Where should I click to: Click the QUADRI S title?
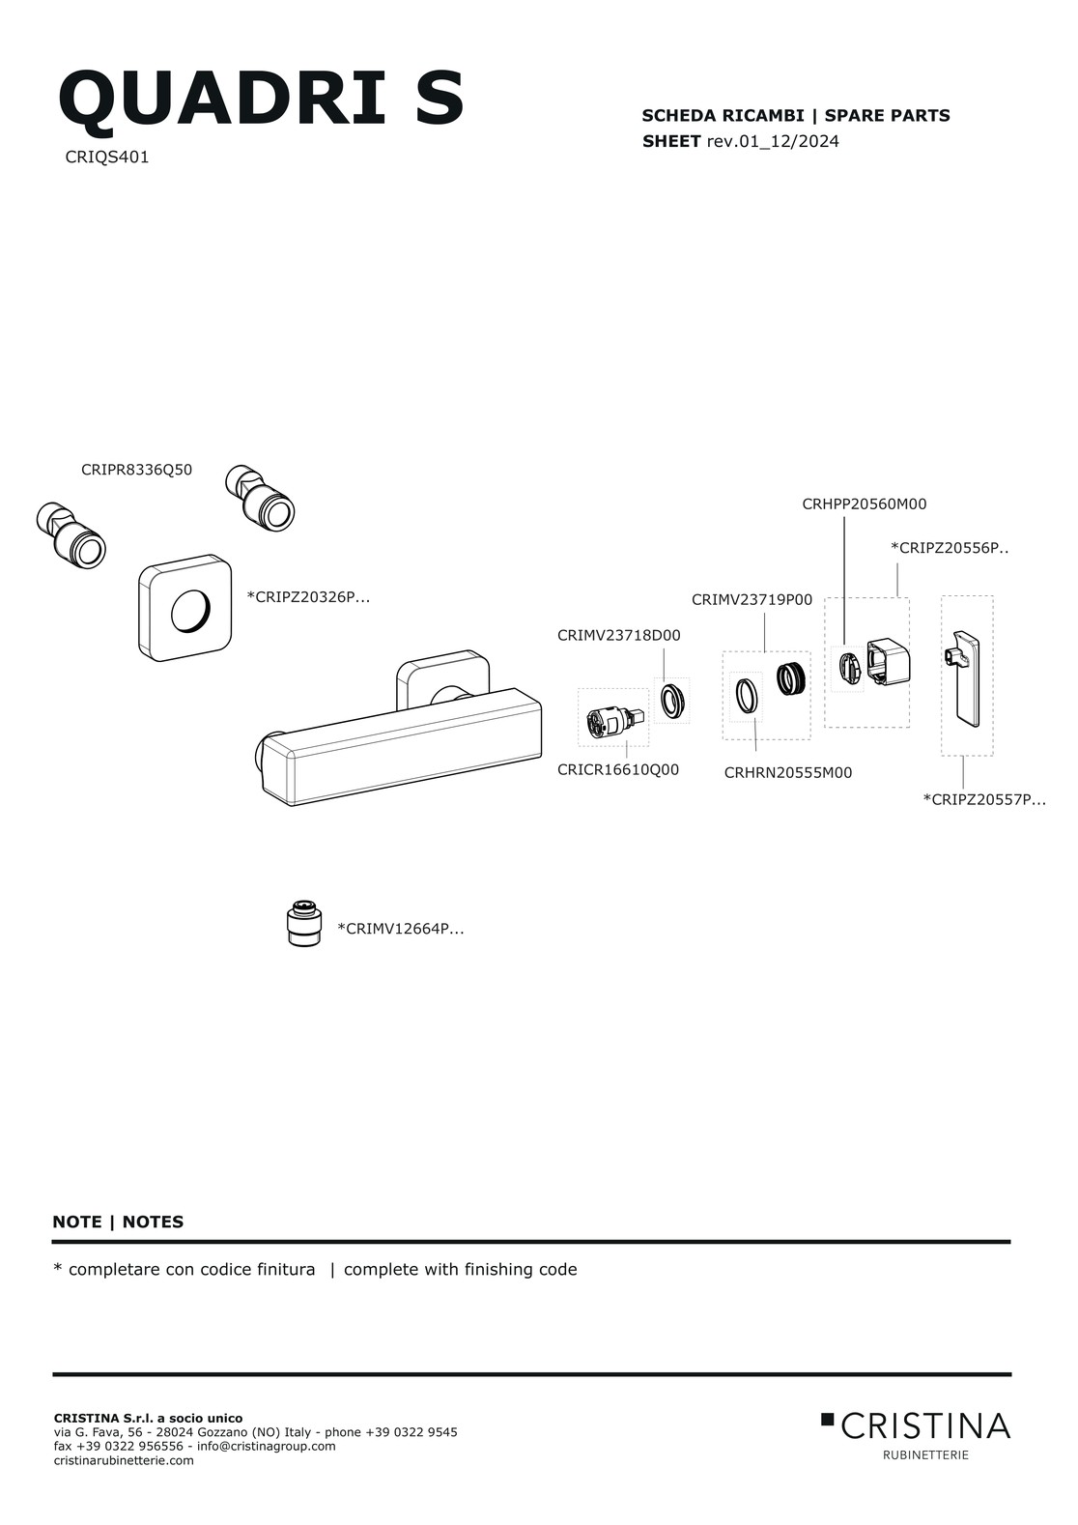[262, 98]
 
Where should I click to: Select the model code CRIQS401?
[107, 158]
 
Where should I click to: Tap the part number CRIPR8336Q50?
[137, 470]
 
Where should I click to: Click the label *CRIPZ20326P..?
[308, 597]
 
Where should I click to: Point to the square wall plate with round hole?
[185, 608]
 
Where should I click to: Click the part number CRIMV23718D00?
[618, 635]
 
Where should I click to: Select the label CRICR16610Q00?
[618, 770]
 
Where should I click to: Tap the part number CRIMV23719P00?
[752, 600]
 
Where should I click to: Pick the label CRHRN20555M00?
[788, 773]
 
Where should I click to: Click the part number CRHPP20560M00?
[865, 504]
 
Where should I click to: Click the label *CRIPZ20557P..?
[984, 799]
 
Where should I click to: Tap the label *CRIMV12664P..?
[401, 929]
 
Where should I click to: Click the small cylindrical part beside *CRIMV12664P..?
[303, 923]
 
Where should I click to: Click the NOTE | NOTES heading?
[118, 1223]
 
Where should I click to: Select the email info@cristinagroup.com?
[266, 1446]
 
